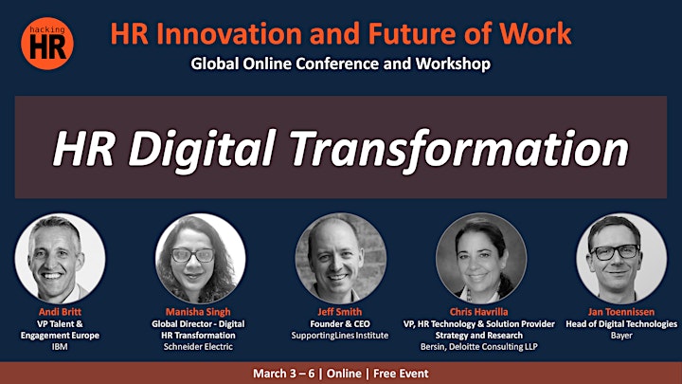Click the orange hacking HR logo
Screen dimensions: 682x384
tap(47, 44)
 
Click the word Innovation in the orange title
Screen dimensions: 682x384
tap(229, 33)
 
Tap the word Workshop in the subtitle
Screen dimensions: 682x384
tap(453, 64)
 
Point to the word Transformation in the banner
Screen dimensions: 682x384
tap(459, 150)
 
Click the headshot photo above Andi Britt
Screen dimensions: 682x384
tap(60, 259)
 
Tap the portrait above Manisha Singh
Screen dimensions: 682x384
tap(200, 259)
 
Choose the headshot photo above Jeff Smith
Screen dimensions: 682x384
tap(341, 259)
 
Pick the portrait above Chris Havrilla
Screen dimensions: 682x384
tap(481, 259)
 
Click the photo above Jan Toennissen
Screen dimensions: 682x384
tap(621, 259)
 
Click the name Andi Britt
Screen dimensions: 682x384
tap(60, 312)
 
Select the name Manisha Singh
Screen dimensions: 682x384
tap(198, 312)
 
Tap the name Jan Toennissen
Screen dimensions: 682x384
tap(621, 312)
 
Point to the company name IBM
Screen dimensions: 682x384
tap(60, 347)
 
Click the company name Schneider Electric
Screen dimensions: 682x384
tap(198, 347)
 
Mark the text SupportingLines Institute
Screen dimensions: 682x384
tap(340, 336)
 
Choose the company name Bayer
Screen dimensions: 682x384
tap(621, 336)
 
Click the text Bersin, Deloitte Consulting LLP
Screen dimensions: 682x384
tap(479, 347)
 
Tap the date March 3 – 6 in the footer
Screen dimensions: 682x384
tap(283, 374)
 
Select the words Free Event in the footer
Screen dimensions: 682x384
tap(401, 374)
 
